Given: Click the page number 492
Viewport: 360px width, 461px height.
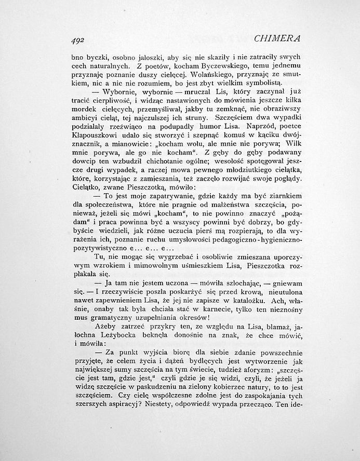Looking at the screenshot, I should point(77,39).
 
